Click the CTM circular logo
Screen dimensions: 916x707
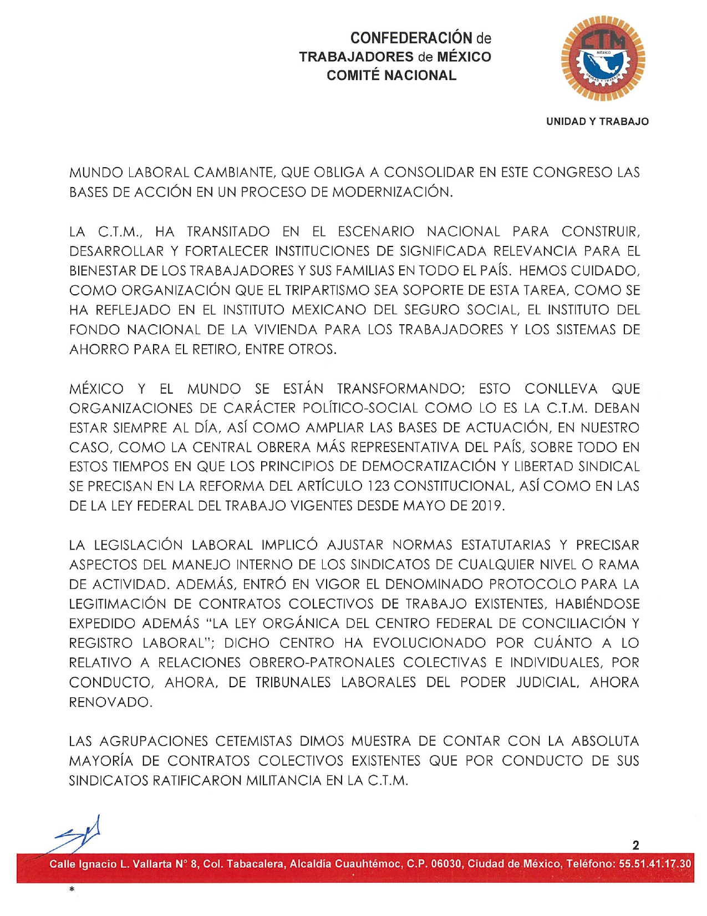pyautogui.click(x=603, y=58)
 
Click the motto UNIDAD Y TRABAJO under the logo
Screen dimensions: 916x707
pyautogui.click(x=597, y=122)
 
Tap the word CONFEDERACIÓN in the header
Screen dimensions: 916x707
pyautogui.click(x=411, y=38)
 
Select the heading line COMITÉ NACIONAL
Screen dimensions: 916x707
pyautogui.click(x=391, y=76)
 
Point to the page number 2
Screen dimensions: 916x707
pyautogui.click(x=635, y=845)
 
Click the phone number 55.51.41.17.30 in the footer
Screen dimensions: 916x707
pyautogui.click(x=662, y=864)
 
